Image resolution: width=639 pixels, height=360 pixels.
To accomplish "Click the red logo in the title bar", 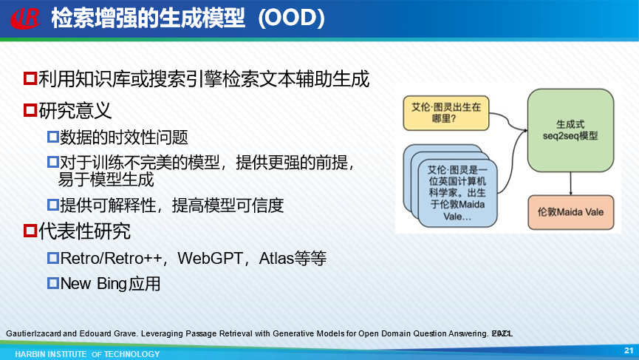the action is click(25, 18).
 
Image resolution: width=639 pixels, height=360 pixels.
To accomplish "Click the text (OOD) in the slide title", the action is click(292, 18).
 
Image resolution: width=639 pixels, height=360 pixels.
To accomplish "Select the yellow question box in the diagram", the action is click(446, 113).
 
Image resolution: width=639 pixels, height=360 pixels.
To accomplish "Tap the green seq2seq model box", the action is click(570, 130).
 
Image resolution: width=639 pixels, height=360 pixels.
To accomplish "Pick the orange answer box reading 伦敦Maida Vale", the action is click(570, 212).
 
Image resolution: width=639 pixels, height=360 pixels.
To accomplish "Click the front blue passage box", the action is click(457, 193).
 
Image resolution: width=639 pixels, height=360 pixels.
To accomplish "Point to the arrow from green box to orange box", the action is click(570, 183).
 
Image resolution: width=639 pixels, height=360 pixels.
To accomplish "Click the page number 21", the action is click(629, 350).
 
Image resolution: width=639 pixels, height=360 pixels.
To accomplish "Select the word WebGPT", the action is click(210, 259).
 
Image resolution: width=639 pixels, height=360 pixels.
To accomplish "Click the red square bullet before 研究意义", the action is click(30, 110).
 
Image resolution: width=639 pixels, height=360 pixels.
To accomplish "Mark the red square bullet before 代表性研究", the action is click(30, 231).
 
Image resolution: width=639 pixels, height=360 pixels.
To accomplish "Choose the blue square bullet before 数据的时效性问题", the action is click(53, 137).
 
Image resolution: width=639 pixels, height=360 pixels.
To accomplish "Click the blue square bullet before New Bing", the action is click(53, 283).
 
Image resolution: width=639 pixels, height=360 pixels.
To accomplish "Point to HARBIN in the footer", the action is click(30, 354).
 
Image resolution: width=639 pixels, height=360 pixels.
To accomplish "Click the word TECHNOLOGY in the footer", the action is click(132, 354).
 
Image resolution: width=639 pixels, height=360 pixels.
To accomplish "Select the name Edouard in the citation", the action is click(95, 333).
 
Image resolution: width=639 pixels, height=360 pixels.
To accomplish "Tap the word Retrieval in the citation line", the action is click(236, 333).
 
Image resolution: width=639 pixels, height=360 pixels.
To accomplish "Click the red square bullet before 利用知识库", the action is click(30, 78).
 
